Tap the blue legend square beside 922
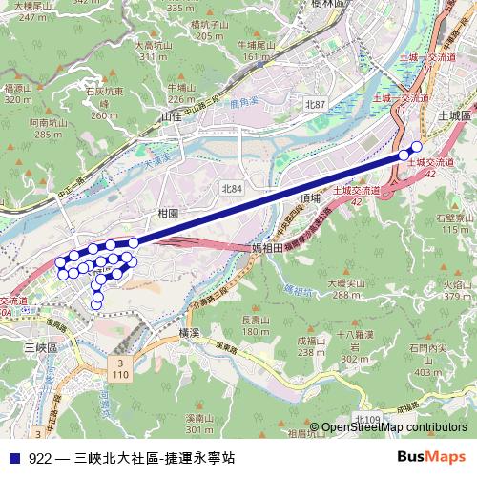(11, 458)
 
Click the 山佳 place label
(171, 115)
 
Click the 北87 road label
(316, 102)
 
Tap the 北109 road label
(365, 420)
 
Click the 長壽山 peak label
(255, 320)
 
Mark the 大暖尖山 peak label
(350, 282)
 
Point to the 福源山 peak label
(18, 87)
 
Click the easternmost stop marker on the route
(416, 147)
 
